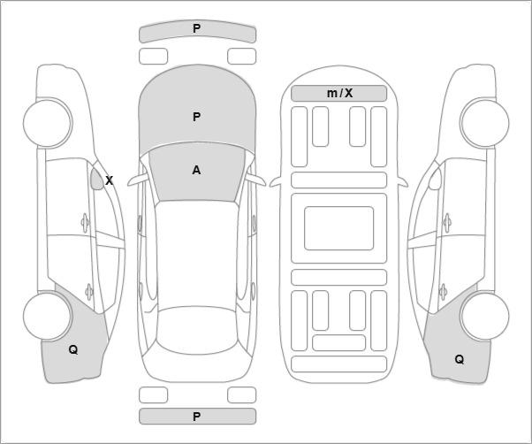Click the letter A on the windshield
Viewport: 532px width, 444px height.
point(196,170)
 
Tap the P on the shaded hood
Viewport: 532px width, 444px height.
point(196,117)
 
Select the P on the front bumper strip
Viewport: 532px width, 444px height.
point(196,28)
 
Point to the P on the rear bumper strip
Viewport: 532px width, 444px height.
point(196,417)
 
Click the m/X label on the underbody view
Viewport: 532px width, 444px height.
point(339,93)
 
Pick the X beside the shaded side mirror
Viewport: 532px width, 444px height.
point(109,180)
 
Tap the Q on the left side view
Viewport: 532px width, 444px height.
point(73,349)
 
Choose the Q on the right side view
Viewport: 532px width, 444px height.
point(459,359)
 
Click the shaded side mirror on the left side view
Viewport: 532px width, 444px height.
point(97,179)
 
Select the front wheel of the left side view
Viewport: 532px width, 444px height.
point(48,122)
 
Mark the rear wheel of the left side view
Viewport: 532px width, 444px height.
point(48,316)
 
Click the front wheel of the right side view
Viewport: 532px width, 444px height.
point(484,122)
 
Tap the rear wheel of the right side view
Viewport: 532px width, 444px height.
point(484,316)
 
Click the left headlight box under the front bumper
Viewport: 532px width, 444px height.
point(154,56)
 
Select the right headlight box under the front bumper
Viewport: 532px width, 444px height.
point(241,56)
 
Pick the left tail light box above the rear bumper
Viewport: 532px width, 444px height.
point(154,394)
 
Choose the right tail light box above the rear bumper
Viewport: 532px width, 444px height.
point(241,394)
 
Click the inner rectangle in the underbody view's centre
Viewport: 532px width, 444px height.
point(339,228)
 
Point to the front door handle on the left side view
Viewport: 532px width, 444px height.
point(85,223)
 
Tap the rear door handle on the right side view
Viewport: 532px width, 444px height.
point(443,292)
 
